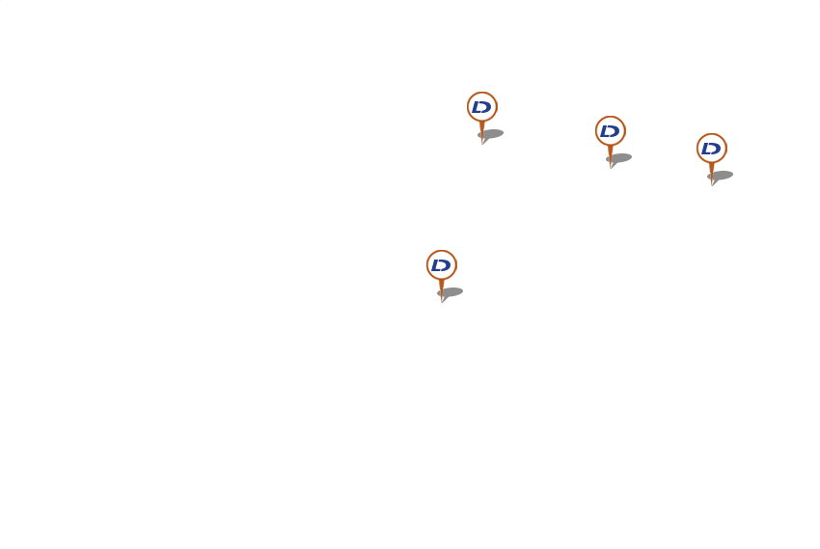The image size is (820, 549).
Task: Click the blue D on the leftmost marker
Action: coord(441,264)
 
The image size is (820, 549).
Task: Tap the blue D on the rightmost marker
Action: coord(711,149)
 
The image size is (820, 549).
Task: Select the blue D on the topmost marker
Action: coord(481,107)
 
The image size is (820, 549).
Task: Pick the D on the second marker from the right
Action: coord(610,131)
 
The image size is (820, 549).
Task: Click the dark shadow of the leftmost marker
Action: coord(452,291)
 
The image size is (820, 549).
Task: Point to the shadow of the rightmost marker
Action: coord(723,176)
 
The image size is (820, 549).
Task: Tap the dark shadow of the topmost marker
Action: coord(493,134)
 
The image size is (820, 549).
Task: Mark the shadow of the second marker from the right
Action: coord(621,157)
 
